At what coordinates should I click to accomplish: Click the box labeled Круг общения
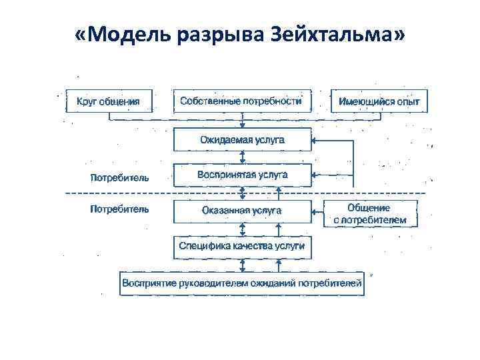(x=108, y=101)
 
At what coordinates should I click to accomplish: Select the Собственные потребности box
(x=241, y=101)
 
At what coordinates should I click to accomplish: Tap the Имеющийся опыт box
(x=379, y=101)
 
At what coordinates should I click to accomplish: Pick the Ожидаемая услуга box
(x=242, y=140)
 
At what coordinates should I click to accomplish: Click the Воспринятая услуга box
(x=242, y=175)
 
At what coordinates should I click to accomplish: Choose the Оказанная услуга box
(x=242, y=210)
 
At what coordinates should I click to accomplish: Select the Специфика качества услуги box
(x=242, y=246)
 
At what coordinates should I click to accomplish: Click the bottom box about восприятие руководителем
(x=242, y=283)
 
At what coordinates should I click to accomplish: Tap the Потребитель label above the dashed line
(x=120, y=177)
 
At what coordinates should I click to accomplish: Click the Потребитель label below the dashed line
(x=120, y=209)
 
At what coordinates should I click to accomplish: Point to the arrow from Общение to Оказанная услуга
(x=318, y=213)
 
